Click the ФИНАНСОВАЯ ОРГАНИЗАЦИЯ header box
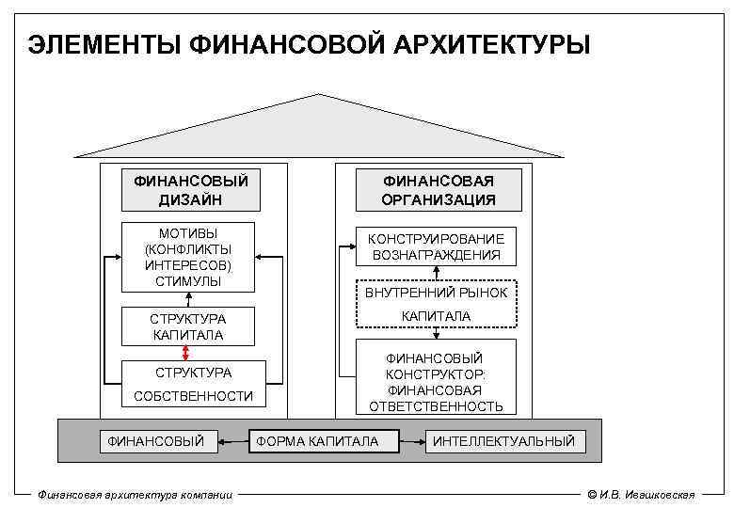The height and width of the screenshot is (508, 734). tap(438, 190)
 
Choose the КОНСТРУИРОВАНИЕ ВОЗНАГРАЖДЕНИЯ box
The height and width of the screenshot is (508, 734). tap(435, 246)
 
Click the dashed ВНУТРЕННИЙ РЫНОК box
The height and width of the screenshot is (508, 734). tap(436, 294)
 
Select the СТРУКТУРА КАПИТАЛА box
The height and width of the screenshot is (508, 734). tap(188, 326)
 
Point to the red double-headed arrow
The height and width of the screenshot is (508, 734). tap(186, 352)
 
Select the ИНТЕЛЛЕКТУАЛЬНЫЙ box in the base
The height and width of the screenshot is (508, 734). tap(503, 440)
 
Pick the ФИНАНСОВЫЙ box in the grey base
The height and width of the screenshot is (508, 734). tap(156, 440)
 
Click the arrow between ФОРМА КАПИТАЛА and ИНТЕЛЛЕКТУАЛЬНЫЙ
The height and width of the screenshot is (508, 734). tap(411, 440)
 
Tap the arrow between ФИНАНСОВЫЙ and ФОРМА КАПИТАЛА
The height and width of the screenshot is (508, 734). tap(233, 440)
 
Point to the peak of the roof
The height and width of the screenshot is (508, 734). tap(319, 95)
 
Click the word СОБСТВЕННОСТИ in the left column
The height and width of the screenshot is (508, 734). tap(193, 396)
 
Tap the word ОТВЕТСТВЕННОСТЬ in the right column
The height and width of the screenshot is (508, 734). tap(436, 406)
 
